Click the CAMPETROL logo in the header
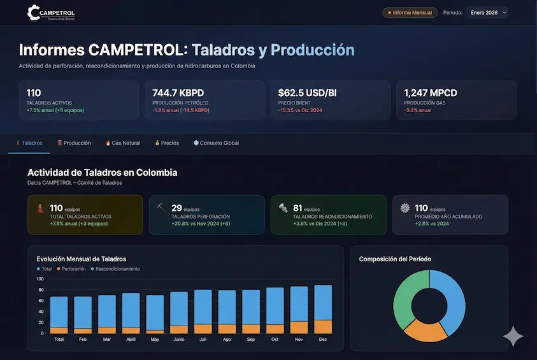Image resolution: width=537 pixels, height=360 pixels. coord(52,13)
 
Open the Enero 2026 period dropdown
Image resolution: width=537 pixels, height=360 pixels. coord(486,13)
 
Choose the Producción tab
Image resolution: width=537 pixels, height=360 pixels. coord(74,143)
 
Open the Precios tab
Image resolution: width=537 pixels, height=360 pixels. coord(167,143)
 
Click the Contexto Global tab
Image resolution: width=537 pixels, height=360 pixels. coord(216,143)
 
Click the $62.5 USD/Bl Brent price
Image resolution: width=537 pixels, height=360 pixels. coord(307,93)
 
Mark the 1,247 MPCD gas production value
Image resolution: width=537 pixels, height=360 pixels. coord(430,93)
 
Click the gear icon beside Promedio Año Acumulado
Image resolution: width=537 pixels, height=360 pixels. coord(405,208)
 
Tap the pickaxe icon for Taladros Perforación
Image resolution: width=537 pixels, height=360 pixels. coord(161,208)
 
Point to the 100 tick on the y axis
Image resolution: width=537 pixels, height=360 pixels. coord(39,279)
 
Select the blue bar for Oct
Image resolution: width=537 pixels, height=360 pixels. coord(275,306)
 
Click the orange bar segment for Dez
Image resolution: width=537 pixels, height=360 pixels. coord(323,327)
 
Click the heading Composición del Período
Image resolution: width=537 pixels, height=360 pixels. coord(396,259)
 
